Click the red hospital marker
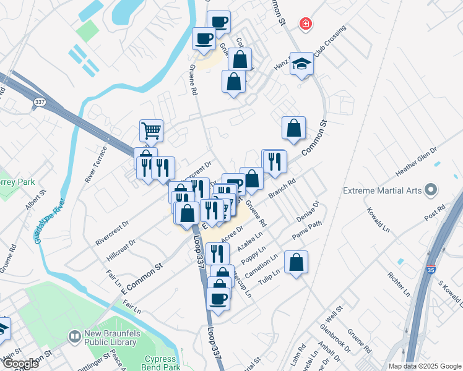pos(305,25)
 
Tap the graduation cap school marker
pos(301,64)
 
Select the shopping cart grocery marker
pos(151,130)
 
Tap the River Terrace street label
pos(97,164)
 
